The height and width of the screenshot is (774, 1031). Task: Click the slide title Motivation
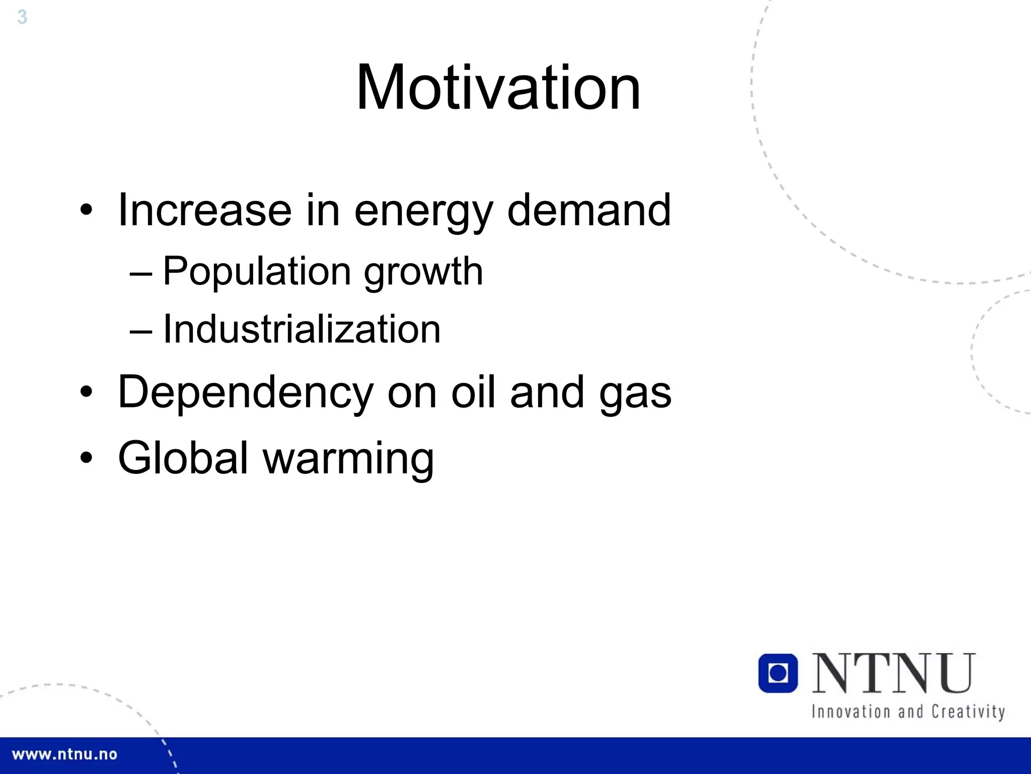pos(498,88)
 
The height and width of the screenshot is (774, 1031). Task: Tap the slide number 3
pos(22,17)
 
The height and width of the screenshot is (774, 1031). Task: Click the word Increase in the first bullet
pos(204,210)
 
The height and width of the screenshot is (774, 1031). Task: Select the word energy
pos(423,212)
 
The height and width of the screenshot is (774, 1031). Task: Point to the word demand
pos(588,210)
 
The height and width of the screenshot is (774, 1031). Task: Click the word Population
pos(257,272)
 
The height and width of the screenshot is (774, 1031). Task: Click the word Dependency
pos(246,393)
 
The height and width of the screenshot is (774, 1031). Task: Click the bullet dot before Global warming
pos(87,458)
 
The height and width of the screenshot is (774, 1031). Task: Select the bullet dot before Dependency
pos(87,392)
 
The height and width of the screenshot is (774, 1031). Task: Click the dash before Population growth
pos(140,273)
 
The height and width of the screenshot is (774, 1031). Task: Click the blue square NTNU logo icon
pos(778,673)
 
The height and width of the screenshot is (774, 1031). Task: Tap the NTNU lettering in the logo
pos(894,673)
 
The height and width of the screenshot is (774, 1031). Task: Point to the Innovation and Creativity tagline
pos(908,712)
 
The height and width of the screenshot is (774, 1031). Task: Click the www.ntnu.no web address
pos(64,754)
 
